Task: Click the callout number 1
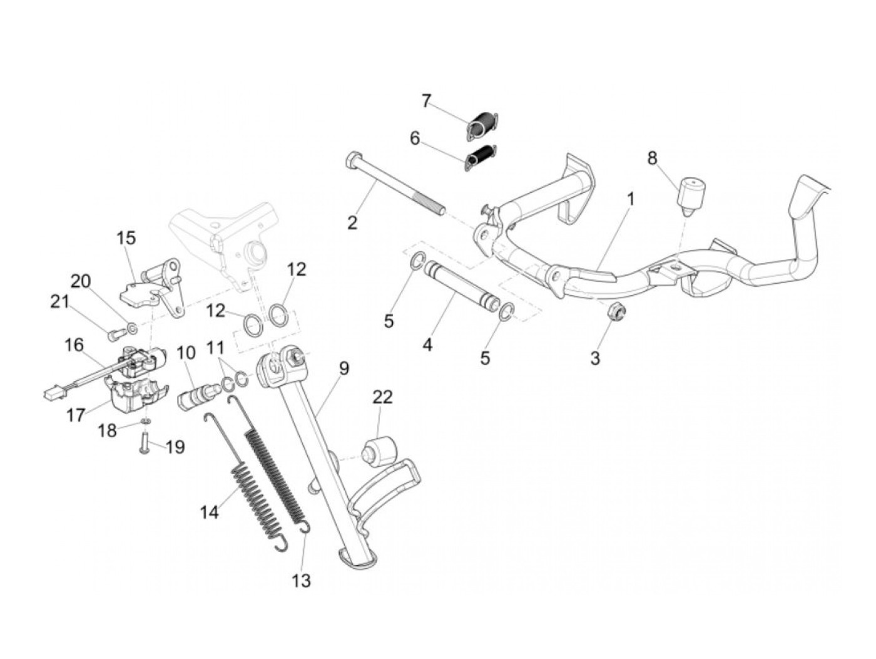tap(631, 199)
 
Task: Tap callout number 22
tap(382, 397)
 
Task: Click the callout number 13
tap(301, 581)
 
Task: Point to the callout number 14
tap(209, 512)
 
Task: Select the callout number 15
tap(126, 238)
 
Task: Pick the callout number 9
tap(344, 368)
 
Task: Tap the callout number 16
tap(73, 345)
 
